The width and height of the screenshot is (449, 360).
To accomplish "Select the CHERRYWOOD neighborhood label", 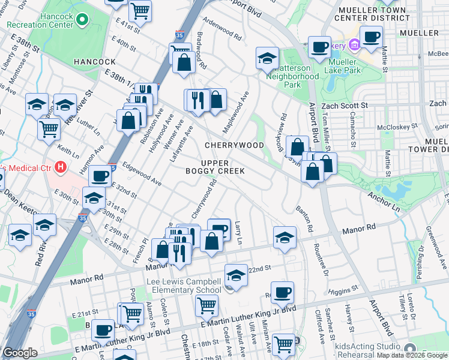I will [234, 145].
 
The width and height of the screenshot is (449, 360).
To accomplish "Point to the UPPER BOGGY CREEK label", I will [223, 167].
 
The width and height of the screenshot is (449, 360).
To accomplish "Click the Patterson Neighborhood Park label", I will [292, 76].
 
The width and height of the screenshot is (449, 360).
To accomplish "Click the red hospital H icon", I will [60, 166].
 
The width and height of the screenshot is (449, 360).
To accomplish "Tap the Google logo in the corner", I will [20, 353].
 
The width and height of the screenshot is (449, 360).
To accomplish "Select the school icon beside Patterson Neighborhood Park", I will [267, 59].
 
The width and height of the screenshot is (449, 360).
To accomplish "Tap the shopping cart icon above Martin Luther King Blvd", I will [206, 305].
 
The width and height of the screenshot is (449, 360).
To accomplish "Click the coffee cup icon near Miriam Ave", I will [282, 293].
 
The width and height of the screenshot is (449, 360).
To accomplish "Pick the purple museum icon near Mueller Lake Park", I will [355, 45].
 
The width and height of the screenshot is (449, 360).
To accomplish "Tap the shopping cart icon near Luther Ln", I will [49, 128].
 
